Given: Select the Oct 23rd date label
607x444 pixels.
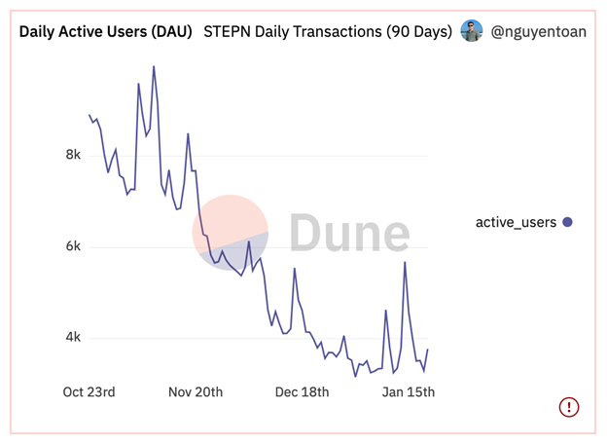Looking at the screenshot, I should click(x=89, y=392).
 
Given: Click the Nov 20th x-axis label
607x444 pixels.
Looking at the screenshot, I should click(x=196, y=392).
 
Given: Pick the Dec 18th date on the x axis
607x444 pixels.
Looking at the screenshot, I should click(x=302, y=392).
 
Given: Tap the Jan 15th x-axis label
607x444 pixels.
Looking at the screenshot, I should click(x=407, y=392).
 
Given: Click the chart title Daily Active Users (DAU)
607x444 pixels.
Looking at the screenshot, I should click(x=106, y=31).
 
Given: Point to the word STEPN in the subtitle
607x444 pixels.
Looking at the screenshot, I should click(x=227, y=31).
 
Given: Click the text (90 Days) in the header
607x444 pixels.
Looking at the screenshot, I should click(x=414, y=31).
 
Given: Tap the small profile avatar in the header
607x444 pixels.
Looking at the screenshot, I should click(x=472, y=31).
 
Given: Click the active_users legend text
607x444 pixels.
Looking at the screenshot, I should click(x=516, y=222).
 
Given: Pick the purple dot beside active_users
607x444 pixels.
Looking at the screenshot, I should click(x=568, y=222).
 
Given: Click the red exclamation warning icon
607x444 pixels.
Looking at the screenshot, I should click(x=569, y=407).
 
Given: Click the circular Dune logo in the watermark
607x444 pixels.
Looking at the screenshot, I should click(x=231, y=233).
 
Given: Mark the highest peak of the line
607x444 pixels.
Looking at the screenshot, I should click(x=154, y=67).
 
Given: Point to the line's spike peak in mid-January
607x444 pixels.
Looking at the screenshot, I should click(x=405, y=263).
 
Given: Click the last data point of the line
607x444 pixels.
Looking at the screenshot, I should click(x=428, y=350).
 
